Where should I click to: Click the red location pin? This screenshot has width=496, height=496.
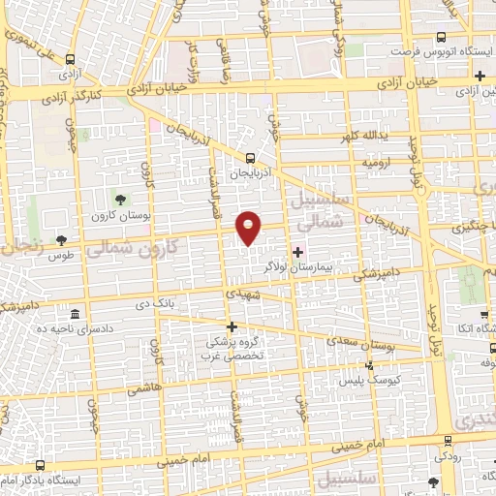click(249, 227)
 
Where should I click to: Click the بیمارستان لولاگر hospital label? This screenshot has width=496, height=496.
click(296, 263)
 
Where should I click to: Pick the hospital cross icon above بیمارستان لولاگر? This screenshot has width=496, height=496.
click(296, 251)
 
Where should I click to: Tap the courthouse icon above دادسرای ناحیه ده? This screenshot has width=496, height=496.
click(74, 314)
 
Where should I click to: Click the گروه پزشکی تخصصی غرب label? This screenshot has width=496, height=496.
click(232, 348)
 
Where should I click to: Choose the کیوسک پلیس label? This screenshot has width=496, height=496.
click(369, 381)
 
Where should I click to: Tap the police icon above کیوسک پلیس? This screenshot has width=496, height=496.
click(369, 366)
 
